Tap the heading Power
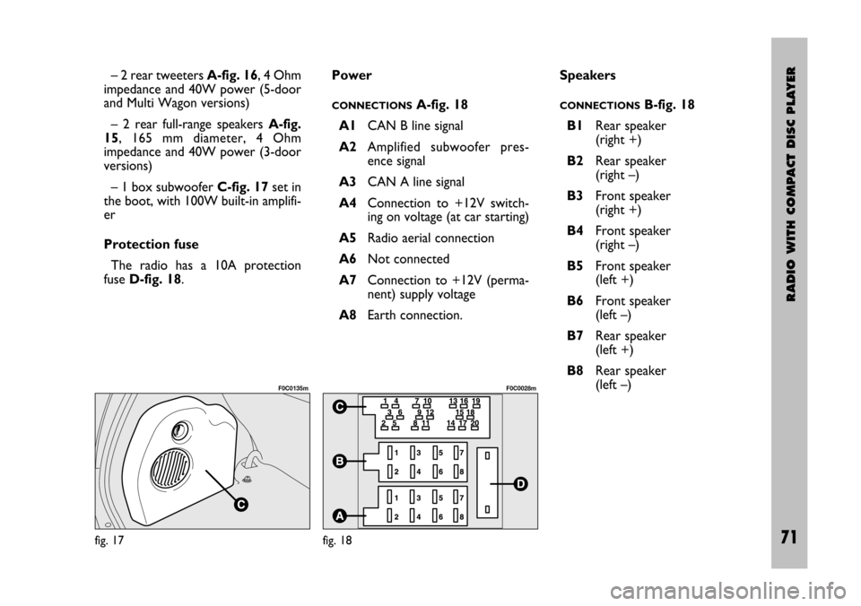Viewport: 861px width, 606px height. click(352, 75)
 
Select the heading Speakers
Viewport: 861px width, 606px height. click(587, 75)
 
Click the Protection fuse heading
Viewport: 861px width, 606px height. click(150, 245)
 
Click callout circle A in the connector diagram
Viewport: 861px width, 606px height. click(341, 515)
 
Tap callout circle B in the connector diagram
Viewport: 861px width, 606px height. click(341, 461)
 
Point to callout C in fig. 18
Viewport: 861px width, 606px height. click(341, 407)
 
